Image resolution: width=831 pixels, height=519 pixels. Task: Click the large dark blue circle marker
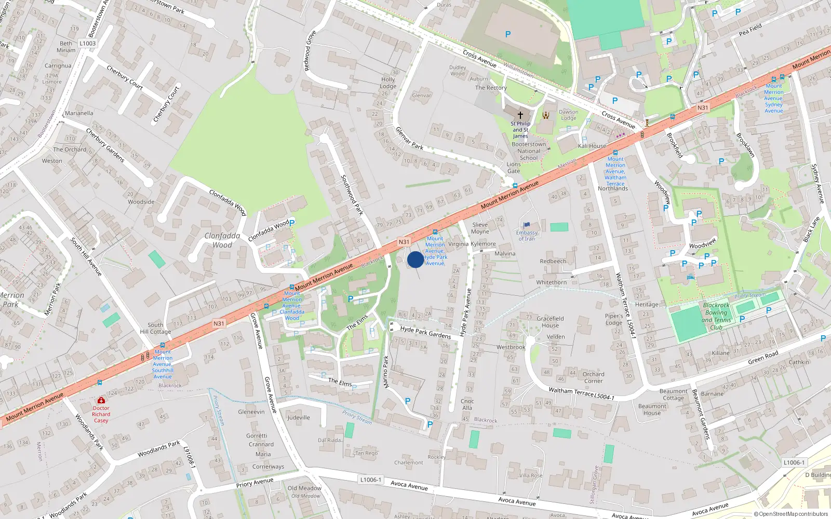tap(415, 259)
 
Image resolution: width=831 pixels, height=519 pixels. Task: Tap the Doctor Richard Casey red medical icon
tap(101, 401)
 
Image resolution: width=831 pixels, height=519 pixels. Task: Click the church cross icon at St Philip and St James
tap(520, 115)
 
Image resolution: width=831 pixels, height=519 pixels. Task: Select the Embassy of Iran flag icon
tap(527, 225)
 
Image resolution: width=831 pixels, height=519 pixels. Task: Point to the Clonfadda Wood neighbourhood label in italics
tap(222, 240)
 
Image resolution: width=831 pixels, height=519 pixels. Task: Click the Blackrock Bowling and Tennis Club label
tap(716, 316)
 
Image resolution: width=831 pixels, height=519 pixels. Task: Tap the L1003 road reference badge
tap(87, 43)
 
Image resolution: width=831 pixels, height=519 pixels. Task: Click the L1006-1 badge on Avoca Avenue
tap(370, 480)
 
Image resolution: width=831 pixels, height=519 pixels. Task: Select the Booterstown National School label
tap(529, 151)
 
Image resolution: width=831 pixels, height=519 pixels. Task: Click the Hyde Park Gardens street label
tap(425, 333)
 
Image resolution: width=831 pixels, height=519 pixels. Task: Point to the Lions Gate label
tap(513, 167)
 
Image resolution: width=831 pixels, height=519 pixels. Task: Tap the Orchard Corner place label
tap(593, 377)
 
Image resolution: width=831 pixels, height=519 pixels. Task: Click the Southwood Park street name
tap(352, 195)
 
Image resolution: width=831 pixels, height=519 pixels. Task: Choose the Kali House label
tap(592, 146)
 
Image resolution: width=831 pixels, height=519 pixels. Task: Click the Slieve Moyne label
tap(480, 228)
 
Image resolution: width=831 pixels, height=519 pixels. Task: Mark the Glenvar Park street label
tap(409, 138)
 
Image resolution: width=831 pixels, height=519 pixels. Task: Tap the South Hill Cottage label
tap(155, 328)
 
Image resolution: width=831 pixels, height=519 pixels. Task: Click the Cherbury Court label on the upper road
tap(125, 77)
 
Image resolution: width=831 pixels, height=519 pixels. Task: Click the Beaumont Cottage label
tap(673, 394)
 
